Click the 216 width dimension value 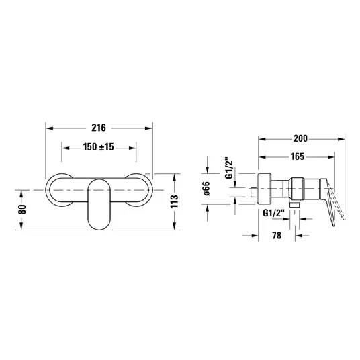click(99, 128)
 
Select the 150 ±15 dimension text click(98, 147)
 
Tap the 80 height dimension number click(22, 209)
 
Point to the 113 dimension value click(175, 201)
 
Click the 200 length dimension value click(300, 138)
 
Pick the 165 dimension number click(298, 156)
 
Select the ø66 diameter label click(207, 189)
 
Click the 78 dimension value click(277, 235)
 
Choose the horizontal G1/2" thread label click(273, 214)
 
